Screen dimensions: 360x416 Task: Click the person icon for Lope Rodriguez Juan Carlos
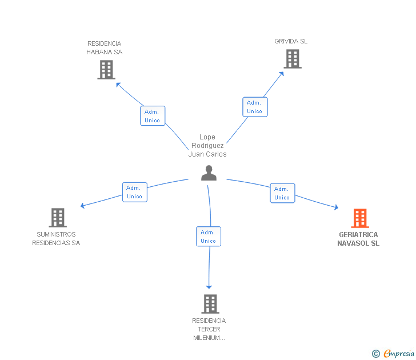(x=209, y=173)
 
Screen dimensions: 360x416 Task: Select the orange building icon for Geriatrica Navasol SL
(x=359, y=218)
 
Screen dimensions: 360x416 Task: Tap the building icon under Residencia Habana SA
(x=106, y=69)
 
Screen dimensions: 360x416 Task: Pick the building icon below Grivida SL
(x=292, y=58)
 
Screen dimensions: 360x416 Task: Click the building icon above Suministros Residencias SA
(x=58, y=218)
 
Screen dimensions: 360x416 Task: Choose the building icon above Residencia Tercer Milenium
(x=210, y=303)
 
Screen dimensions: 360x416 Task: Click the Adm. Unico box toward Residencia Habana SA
(x=153, y=116)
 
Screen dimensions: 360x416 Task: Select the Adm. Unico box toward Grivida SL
(x=255, y=107)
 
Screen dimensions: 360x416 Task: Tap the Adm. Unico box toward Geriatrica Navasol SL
(x=282, y=193)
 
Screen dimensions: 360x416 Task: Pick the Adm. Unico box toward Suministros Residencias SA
(x=135, y=192)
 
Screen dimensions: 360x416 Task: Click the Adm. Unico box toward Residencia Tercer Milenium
(x=209, y=237)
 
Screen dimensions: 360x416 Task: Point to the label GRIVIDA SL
(x=291, y=41)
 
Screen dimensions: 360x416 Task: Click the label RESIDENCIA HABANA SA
(x=105, y=48)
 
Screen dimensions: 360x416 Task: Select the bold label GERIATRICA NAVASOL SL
(x=358, y=239)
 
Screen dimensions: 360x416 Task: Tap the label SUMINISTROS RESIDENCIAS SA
(x=56, y=239)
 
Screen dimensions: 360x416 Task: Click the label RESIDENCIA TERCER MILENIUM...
(x=209, y=329)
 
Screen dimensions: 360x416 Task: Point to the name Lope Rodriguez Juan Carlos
(x=207, y=146)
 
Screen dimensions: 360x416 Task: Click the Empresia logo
(x=394, y=354)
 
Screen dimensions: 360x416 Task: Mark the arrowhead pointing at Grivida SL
(x=282, y=73)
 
